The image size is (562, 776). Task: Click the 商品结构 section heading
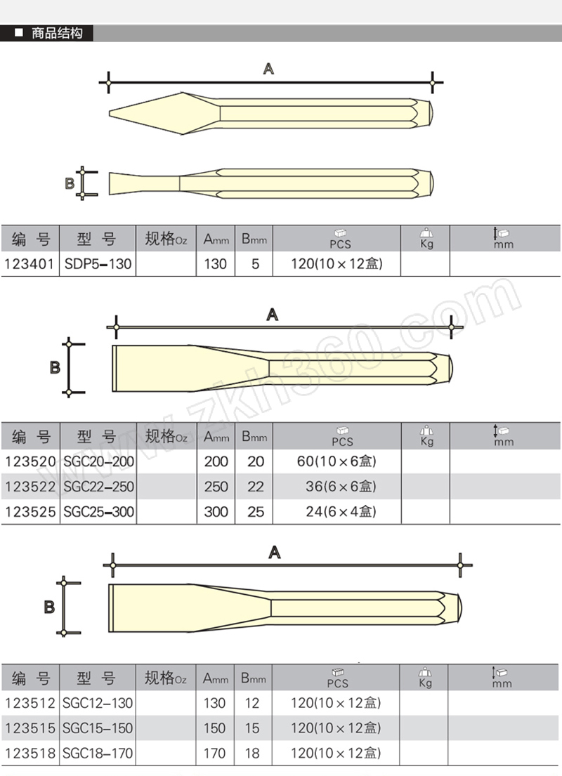(x=56, y=33)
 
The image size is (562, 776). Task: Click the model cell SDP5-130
(x=98, y=264)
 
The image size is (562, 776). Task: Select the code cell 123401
(x=30, y=264)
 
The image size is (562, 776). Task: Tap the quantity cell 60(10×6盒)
(x=336, y=461)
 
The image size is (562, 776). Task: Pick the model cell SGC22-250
(x=98, y=487)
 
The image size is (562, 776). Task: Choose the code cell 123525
(x=30, y=512)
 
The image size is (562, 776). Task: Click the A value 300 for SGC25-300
(x=216, y=512)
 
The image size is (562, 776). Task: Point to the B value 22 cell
(x=256, y=487)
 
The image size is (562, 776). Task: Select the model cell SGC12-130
(x=98, y=703)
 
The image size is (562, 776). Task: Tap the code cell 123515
(x=30, y=728)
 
